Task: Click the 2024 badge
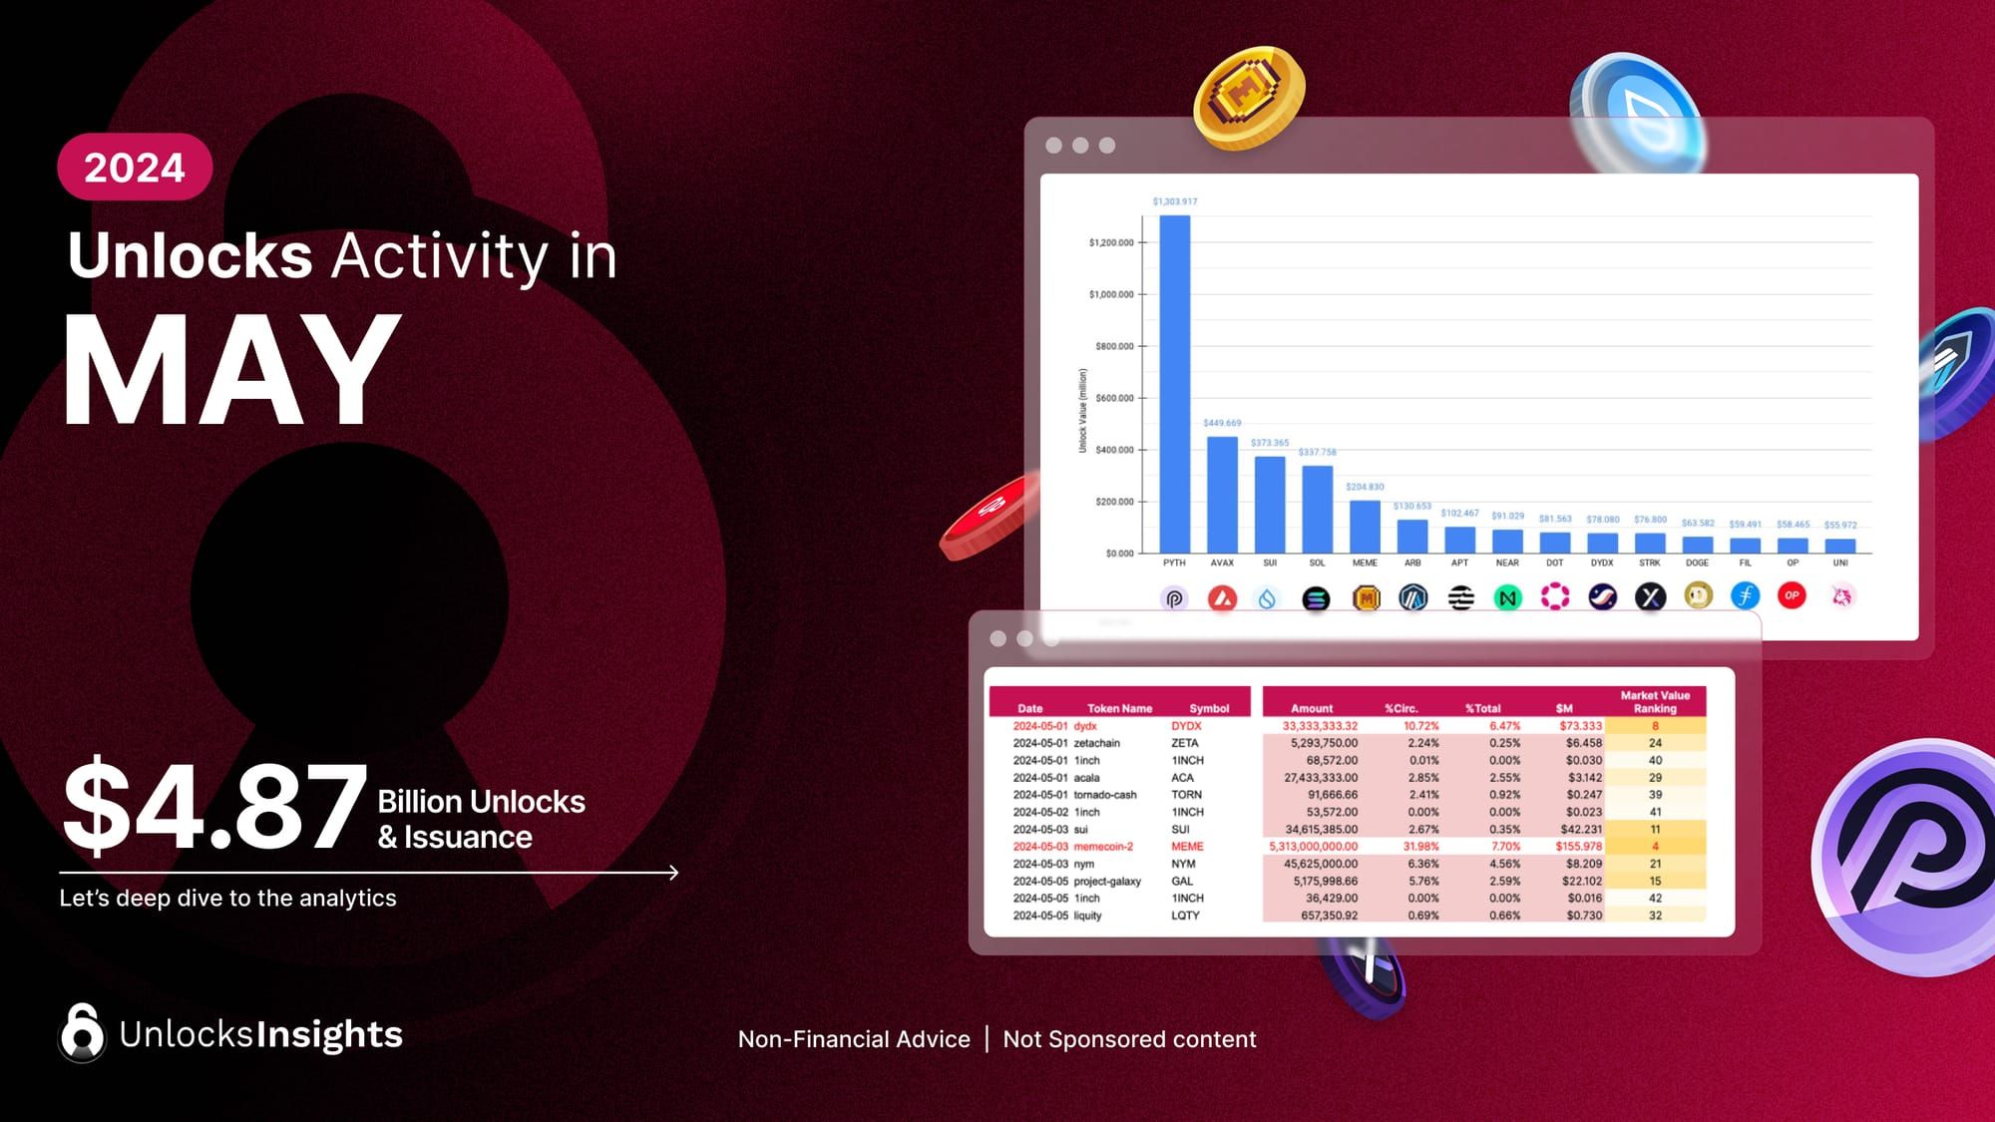(135, 167)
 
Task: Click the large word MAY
(231, 371)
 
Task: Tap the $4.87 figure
(214, 806)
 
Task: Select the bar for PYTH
(1174, 384)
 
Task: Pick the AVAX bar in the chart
(1222, 495)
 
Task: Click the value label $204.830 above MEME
(1365, 487)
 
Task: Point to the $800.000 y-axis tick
(1113, 346)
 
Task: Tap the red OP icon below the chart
(1792, 596)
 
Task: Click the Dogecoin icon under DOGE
(1698, 596)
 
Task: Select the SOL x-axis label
(1317, 563)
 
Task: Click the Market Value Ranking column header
(1655, 702)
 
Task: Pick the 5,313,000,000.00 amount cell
(1313, 847)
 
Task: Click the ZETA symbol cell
(1185, 743)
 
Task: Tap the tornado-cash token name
(1105, 795)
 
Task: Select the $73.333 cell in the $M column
(1581, 726)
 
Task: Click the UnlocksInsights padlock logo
(82, 1032)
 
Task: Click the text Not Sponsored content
(1129, 1039)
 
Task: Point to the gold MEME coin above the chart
(1248, 98)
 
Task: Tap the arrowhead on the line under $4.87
(674, 873)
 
